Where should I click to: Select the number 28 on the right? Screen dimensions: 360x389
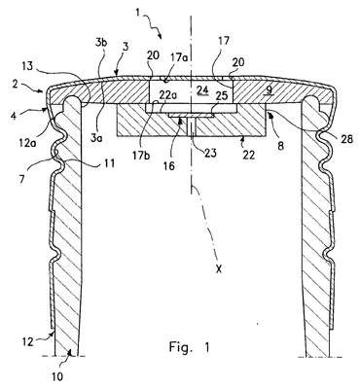pos(345,139)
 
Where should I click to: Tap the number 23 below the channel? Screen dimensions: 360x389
pos(210,152)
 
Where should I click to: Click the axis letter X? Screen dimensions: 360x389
pos(219,268)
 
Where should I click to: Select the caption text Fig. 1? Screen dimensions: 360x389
pos(190,347)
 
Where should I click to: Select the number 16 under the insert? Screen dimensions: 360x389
pos(169,166)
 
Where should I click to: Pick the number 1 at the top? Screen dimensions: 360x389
pos(138,13)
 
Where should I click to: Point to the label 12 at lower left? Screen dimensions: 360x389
pos(27,341)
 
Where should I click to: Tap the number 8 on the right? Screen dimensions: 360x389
pos(280,145)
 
